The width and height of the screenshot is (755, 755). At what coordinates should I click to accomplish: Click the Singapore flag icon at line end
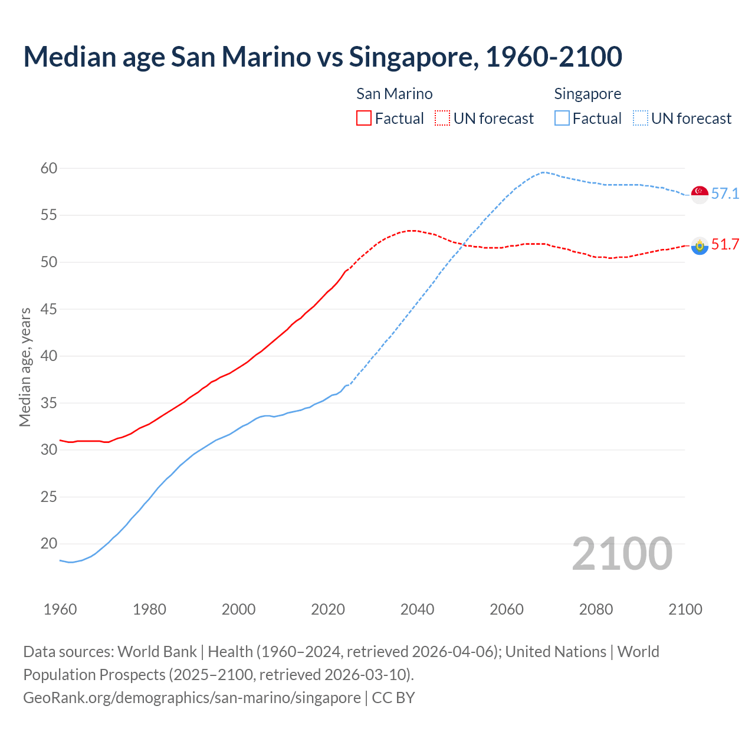(x=700, y=194)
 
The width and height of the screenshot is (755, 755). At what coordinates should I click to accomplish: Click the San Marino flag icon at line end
(x=700, y=245)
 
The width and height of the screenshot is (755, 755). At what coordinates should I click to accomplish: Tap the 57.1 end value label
(x=725, y=193)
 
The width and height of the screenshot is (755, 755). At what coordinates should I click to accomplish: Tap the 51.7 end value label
(x=725, y=244)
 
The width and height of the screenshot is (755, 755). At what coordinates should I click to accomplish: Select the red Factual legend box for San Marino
(x=364, y=118)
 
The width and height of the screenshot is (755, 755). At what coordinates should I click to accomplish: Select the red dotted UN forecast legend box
(x=442, y=118)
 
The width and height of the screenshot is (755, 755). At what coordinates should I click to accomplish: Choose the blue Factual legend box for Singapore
(x=562, y=118)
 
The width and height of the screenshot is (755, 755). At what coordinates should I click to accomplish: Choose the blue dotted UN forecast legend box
(x=640, y=118)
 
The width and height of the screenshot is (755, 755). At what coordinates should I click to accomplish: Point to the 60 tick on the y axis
(x=49, y=168)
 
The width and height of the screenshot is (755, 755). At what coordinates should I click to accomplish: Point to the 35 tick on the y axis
(x=49, y=403)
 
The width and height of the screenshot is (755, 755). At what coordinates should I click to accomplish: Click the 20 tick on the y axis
(x=49, y=544)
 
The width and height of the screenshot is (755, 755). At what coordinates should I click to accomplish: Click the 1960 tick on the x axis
(x=60, y=609)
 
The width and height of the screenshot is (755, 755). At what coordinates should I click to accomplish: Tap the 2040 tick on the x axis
(x=417, y=609)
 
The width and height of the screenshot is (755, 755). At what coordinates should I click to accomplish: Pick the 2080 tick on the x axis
(x=596, y=609)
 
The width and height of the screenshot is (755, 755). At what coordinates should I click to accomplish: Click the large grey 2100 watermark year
(x=622, y=553)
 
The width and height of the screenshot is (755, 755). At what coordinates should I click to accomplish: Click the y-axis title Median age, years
(x=25, y=367)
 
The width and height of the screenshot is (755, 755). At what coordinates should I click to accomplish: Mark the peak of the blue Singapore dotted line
(x=543, y=172)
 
